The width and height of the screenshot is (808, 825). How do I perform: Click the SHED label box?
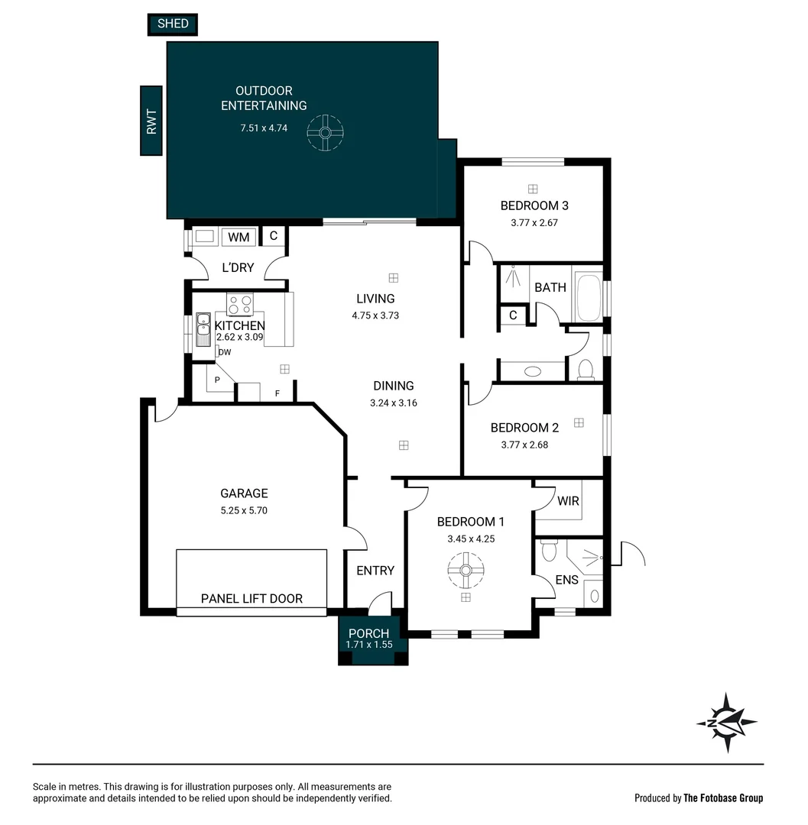(173, 24)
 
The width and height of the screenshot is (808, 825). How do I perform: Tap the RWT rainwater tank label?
(151, 121)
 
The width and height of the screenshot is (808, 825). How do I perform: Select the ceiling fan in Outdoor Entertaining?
(325, 133)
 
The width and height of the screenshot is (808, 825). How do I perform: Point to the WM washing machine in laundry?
(239, 238)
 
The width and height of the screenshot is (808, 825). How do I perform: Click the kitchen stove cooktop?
(240, 304)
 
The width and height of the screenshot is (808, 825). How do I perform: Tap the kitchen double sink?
(203, 330)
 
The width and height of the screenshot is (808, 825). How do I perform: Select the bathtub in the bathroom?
(589, 297)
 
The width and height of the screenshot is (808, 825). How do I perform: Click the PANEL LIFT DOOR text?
(251, 599)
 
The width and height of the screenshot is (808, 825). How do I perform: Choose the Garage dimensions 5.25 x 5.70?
(244, 511)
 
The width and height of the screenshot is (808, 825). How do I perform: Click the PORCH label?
(368, 633)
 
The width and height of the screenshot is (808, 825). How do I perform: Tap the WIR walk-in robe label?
(568, 501)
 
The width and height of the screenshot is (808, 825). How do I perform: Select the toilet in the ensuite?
(547, 550)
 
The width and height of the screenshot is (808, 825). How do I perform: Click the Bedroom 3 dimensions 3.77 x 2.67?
(534, 223)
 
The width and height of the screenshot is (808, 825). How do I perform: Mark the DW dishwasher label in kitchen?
(224, 352)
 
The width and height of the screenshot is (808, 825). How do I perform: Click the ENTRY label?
(375, 571)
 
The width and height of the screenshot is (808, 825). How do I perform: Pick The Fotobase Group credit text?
(722, 798)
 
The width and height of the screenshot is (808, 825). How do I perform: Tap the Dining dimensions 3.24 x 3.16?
(393, 403)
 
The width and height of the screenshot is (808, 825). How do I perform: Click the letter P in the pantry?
(217, 380)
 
